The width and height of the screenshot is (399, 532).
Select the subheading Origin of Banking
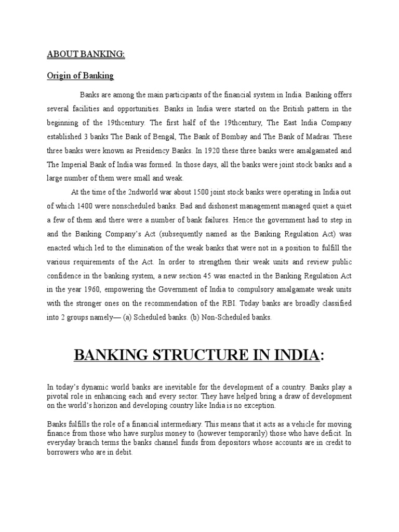point(81,76)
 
